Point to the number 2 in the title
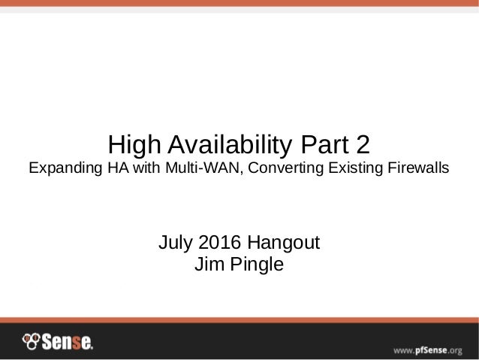tap(363, 143)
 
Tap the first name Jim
tap(207, 265)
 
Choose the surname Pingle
tap(255, 266)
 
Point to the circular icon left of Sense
tap(31, 343)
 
